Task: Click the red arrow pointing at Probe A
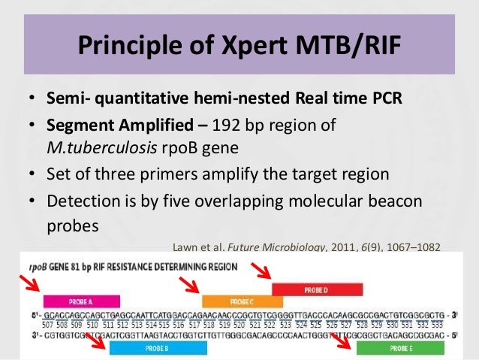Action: click(31, 285)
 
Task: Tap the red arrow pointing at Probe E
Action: click(344, 342)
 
